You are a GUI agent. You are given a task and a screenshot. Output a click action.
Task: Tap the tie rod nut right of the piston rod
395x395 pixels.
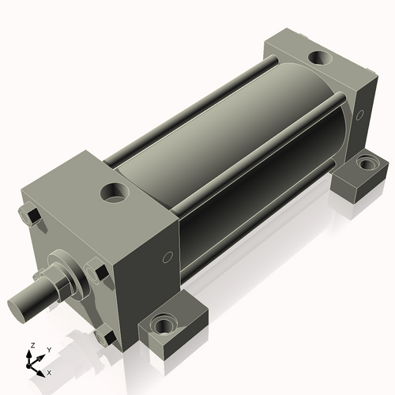coord(100,274)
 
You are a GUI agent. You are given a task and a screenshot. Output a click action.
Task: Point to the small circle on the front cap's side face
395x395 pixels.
coord(166,258)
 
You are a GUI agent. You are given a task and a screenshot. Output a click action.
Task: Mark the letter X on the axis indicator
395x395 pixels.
coord(50,371)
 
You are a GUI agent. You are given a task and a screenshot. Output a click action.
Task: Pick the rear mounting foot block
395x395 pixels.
coord(359,178)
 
